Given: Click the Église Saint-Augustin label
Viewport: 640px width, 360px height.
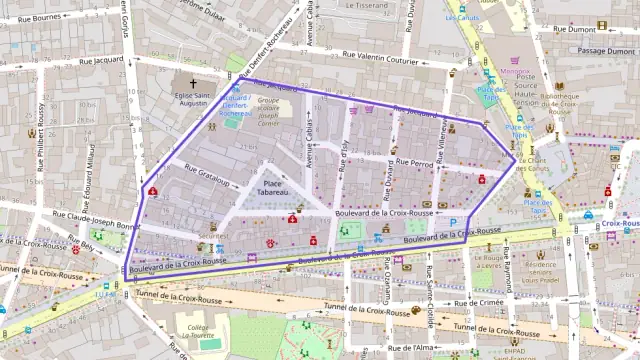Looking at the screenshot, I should [192, 98].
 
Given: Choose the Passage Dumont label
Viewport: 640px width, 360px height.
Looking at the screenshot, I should [606, 50].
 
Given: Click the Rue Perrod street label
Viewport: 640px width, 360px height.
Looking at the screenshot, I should [414, 161].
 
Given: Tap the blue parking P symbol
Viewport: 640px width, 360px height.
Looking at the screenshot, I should [453, 222].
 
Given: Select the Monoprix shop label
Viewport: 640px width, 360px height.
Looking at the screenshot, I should [516, 72].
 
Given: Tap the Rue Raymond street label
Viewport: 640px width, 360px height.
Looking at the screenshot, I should [507, 268].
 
